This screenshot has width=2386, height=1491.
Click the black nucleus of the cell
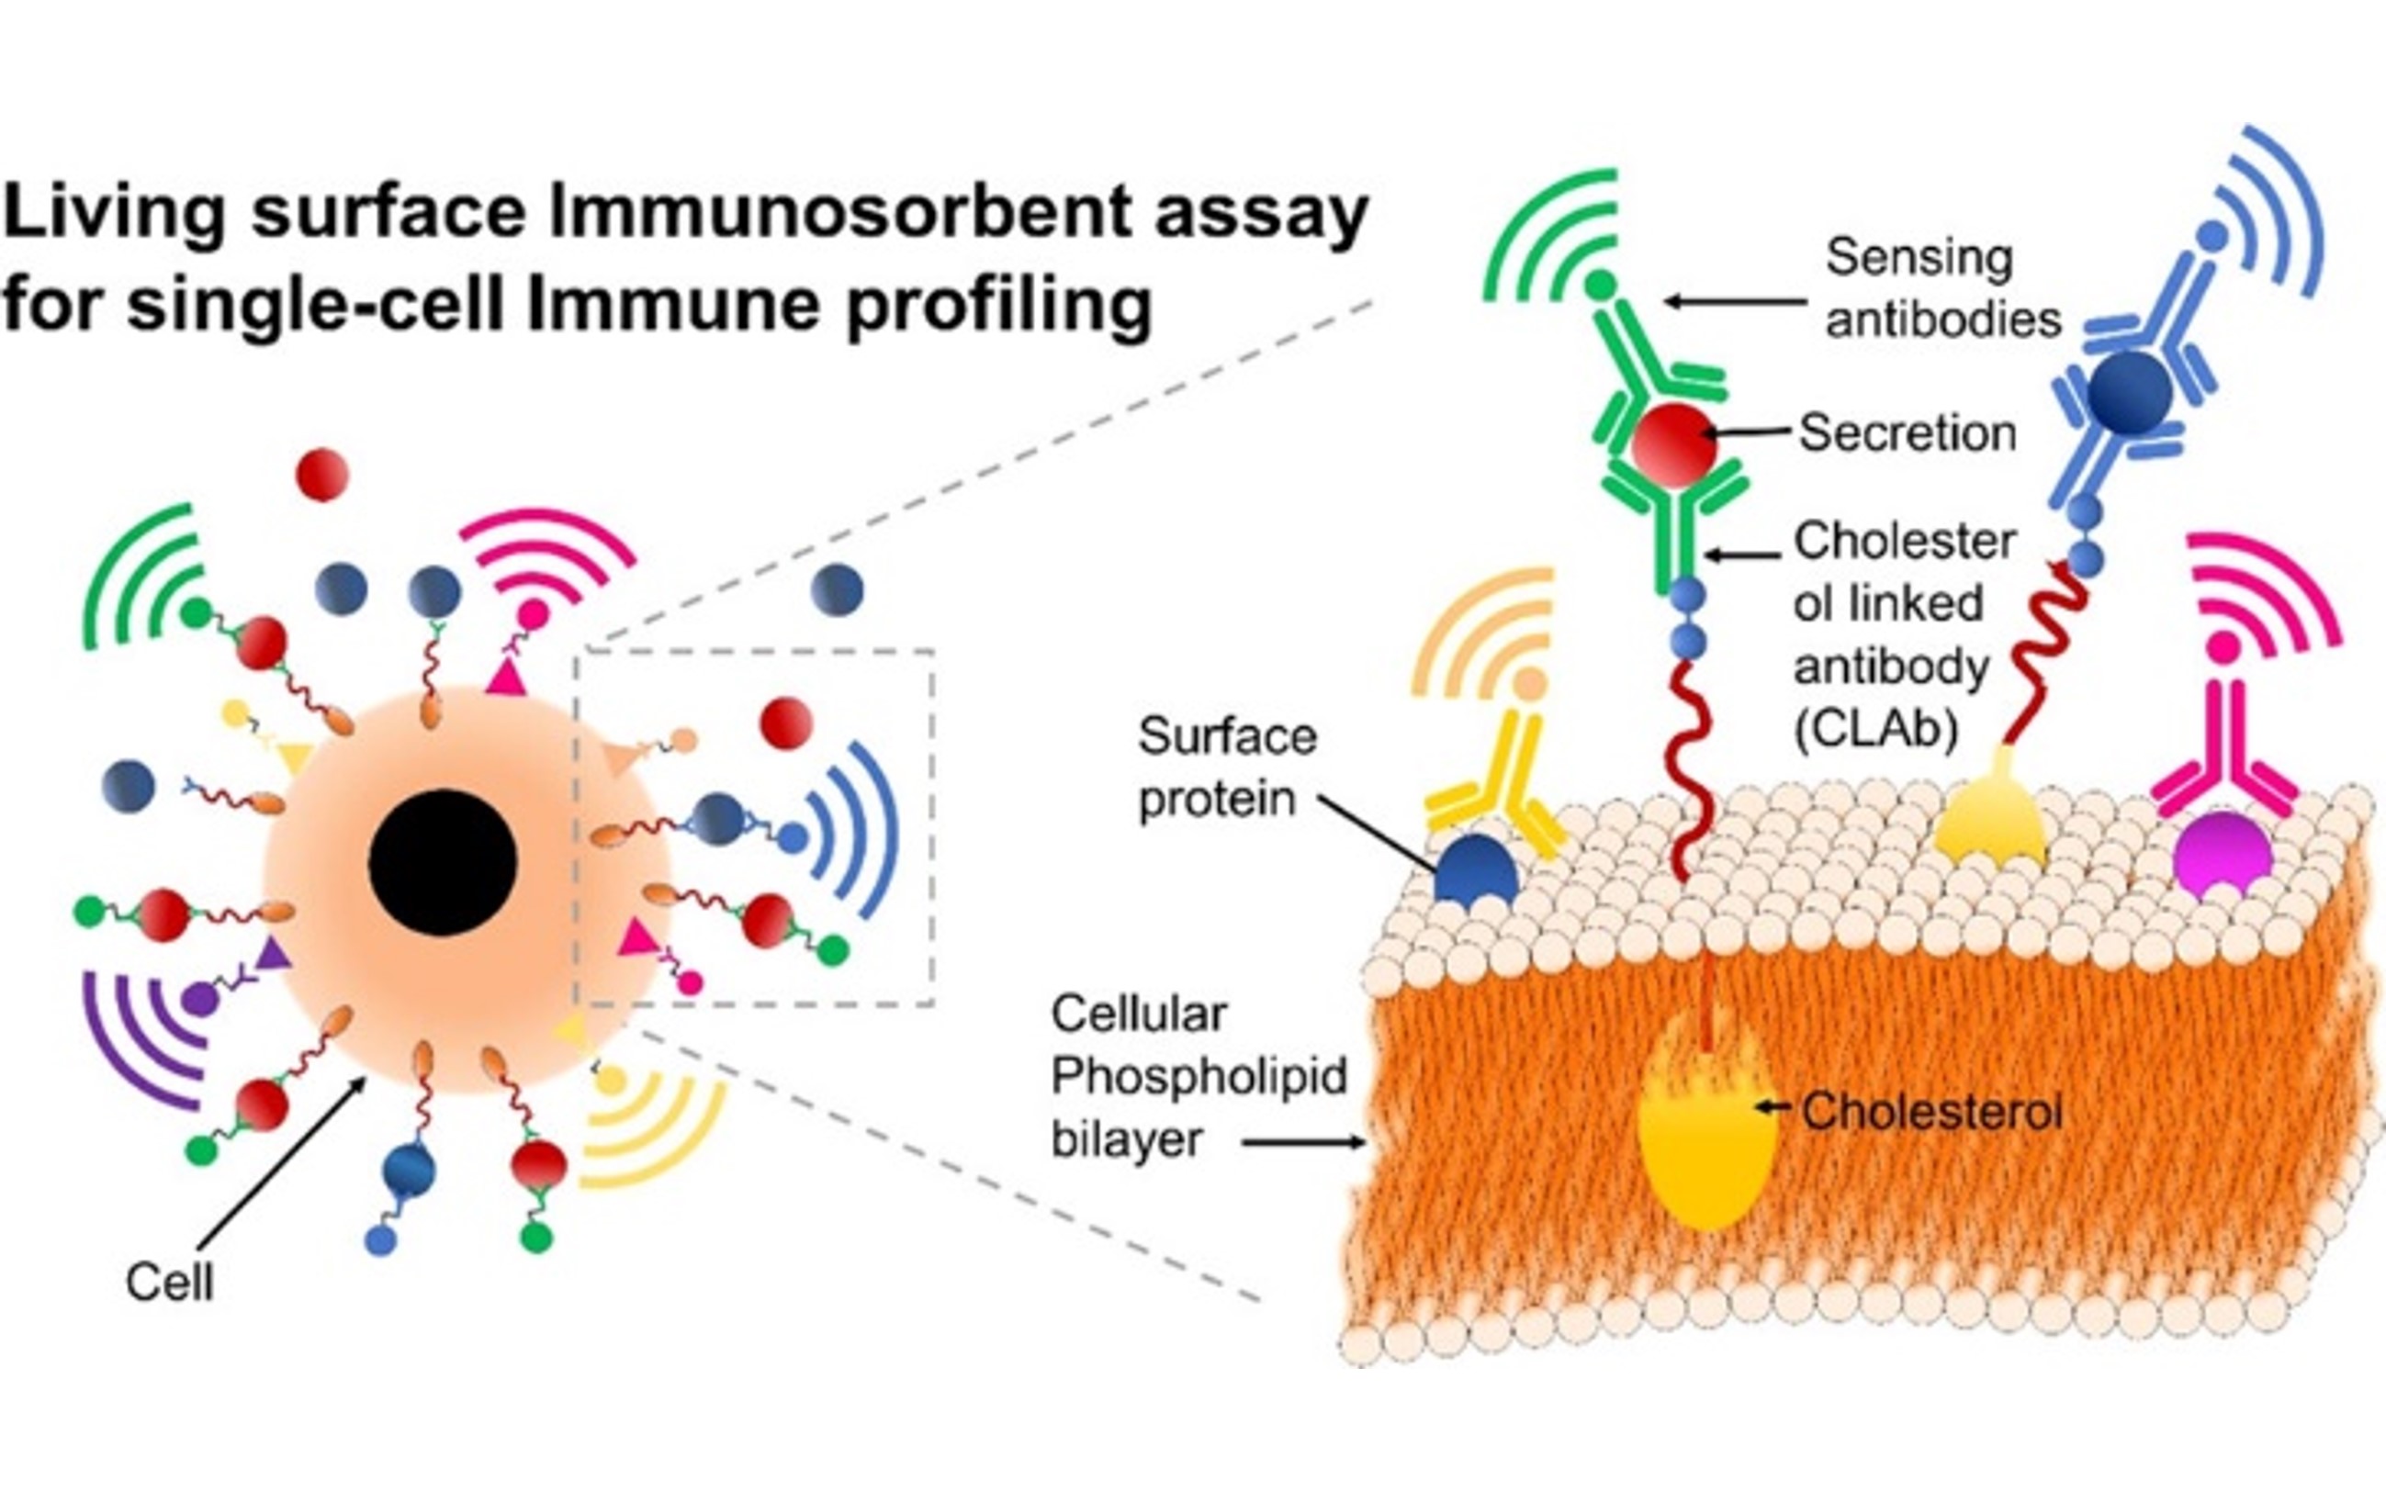(x=442, y=862)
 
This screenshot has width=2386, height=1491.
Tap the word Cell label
(x=169, y=1282)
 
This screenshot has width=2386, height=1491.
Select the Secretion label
(x=1907, y=433)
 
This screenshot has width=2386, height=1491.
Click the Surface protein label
(x=1226, y=768)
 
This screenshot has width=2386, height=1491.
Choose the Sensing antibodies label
(x=1941, y=288)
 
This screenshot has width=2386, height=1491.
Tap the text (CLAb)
(x=1875, y=731)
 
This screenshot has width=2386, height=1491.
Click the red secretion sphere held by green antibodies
(x=1672, y=444)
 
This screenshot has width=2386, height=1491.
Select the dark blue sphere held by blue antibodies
(x=2129, y=392)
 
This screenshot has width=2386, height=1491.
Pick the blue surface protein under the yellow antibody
(x=1476, y=869)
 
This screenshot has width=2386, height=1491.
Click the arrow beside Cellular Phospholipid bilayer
(x=1304, y=1143)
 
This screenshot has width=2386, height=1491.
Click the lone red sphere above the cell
(x=322, y=475)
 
